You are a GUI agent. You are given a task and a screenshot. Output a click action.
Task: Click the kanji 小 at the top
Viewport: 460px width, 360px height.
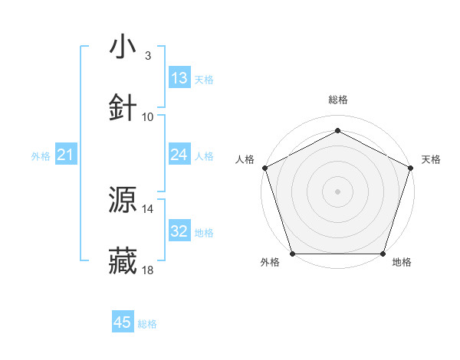(123, 47)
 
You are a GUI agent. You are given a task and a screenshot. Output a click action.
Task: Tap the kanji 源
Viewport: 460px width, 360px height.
(123, 201)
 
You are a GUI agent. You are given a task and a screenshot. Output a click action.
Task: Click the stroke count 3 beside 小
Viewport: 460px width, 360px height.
(147, 56)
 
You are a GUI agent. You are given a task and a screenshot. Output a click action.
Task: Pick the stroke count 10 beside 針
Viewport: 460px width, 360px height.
(148, 117)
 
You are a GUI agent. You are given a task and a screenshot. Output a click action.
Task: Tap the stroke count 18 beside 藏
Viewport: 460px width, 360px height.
(148, 270)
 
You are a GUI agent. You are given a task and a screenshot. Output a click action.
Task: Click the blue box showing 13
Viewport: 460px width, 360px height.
(179, 78)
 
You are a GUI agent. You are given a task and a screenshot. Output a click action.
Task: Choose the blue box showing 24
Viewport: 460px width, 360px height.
(179, 155)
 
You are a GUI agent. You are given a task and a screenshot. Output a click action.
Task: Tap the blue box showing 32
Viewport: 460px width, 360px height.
(179, 231)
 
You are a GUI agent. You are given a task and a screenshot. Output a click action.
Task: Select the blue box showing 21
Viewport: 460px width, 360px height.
(66, 155)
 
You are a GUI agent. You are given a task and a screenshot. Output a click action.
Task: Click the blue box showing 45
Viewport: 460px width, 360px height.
(123, 323)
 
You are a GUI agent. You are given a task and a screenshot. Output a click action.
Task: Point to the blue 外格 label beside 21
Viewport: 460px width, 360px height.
(41, 156)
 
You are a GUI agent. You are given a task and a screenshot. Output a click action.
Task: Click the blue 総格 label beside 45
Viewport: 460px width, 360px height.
(147, 324)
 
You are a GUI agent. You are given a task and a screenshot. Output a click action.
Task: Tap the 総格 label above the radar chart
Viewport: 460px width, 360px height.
(337, 100)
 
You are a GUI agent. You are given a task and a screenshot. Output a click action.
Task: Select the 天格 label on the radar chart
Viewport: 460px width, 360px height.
(431, 159)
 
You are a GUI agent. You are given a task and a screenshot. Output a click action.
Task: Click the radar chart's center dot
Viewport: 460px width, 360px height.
(337, 191)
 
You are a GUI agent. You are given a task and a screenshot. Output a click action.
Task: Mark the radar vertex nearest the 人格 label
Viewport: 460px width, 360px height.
(264, 167)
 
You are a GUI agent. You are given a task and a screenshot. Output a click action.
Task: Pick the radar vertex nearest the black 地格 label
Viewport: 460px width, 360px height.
(383, 254)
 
